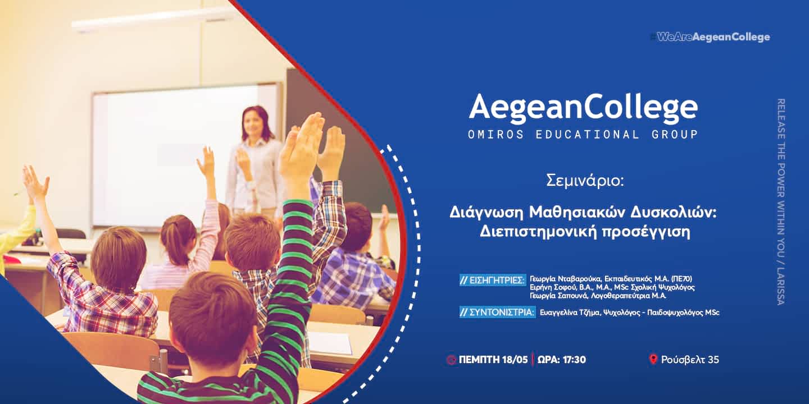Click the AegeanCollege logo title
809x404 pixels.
(x=583, y=107)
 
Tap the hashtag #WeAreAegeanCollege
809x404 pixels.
(x=710, y=37)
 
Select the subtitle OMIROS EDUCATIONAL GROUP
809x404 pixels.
(x=583, y=135)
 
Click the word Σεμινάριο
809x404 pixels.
(x=585, y=180)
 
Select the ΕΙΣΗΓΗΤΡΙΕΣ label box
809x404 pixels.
(x=493, y=280)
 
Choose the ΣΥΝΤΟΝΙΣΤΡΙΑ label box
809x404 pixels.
(x=497, y=312)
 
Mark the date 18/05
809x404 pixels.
(x=515, y=360)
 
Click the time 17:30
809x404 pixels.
(x=574, y=360)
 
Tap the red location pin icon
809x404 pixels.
(x=653, y=359)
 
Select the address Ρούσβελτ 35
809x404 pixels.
(x=690, y=360)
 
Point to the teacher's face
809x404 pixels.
(x=255, y=125)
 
